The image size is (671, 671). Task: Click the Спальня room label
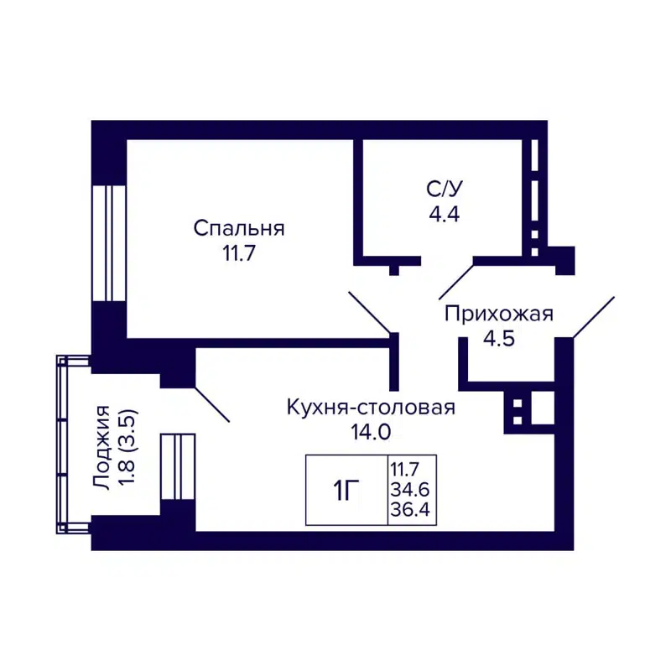pyautogui.click(x=239, y=228)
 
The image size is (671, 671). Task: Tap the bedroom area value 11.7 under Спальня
pyautogui.click(x=239, y=254)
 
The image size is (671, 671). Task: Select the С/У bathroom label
pyautogui.click(x=444, y=189)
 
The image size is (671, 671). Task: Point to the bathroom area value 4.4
pyautogui.click(x=444, y=214)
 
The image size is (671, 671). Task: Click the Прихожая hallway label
pyautogui.click(x=499, y=315)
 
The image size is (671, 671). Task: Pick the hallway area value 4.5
pyautogui.click(x=499, y=340)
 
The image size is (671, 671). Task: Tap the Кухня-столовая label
pyautogui.click(x=371, y=408)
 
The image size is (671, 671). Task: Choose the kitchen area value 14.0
pyautogui.click(x=371, y=433)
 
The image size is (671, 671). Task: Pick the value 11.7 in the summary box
pyautogui.click(x=410, y=469)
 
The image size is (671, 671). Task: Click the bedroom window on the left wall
pyautogui.click(x=108, y=242)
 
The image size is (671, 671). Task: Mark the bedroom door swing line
pyautogui.click(x=369, y=312)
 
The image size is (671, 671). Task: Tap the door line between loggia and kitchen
pyautogui.click(x=211, y=403)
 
